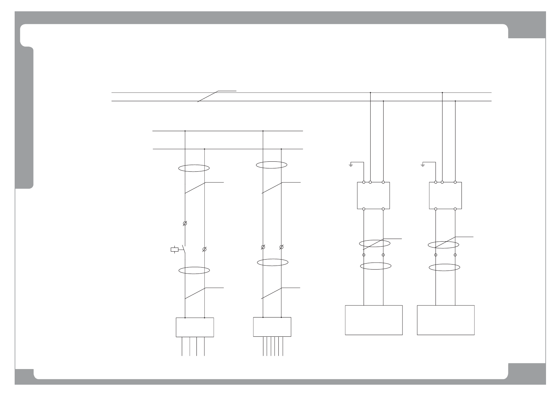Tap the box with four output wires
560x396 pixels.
click(195, 327)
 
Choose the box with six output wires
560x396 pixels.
click(272, 327)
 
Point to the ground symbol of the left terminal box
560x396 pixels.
click(351, 165)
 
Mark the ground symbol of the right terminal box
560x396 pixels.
click(422, 165)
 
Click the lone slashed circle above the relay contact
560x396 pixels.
click(185, 224)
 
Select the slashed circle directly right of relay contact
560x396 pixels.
click(204, 249)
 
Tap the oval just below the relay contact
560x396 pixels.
click(194, 271)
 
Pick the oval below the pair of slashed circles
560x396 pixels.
click(273, 263)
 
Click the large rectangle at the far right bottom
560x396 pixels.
click(445, 320)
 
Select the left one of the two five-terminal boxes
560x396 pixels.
click(373, 195)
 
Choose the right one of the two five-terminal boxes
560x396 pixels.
click(445, 195)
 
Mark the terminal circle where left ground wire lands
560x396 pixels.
click(364, 182)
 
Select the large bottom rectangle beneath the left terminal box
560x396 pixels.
click(374, 320)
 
